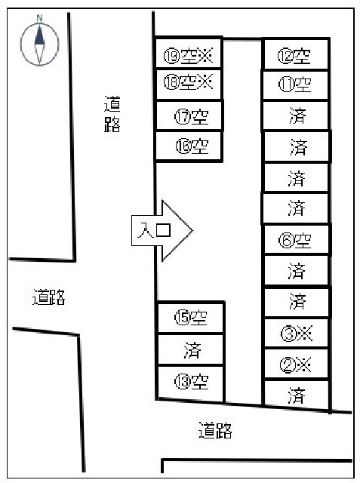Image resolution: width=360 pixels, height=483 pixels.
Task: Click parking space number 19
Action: pyautogui.click(x=188, y=52)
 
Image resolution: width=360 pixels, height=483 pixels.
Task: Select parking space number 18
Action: pyautogui.click(x=189, y=84)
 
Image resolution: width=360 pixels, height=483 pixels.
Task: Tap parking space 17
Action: pyautogui.click(x=189, y=115)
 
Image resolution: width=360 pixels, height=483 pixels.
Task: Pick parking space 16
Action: pyautogui.click(x=189, y=146)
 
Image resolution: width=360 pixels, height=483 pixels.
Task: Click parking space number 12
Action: pyautogui.click(x=296, y=54)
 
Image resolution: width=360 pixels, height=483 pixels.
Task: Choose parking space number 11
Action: pyautogui.click(x=295, y=85)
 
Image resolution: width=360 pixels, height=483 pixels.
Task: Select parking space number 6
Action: pyautogui.click(x=297, y=239)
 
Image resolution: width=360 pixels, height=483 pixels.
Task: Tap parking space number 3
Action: pyautogui.click(x=297, y=333)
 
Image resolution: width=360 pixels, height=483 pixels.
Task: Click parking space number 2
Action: pyautogui.click(x=297, y=364)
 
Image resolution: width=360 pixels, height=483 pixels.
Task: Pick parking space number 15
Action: pyautogui.click(x=191, y=318)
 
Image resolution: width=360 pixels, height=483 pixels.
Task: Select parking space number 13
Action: pyautogui.click(x=191, y=382)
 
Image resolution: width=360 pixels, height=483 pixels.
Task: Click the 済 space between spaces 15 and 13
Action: pyautogui.click(x=191, y=349)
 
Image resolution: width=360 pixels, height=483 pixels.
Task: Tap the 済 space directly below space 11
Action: pyautogui.click(x=295, y=115)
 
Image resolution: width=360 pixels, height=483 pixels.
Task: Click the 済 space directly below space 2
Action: pyautogui.click(x=297, y=395)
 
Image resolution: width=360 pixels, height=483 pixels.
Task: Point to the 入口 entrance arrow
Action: pyautogui.click(x=162, y=230)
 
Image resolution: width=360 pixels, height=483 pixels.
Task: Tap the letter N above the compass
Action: pyautogui.click(x=39, y=18)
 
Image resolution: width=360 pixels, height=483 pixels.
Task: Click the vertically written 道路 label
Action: pyautogui.click(x=112, y=114)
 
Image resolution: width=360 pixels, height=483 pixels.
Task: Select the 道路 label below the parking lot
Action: pyautogui.click(x=215, y=430)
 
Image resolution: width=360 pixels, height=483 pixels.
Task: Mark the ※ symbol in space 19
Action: pyautogui.click(x=205, y=55)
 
